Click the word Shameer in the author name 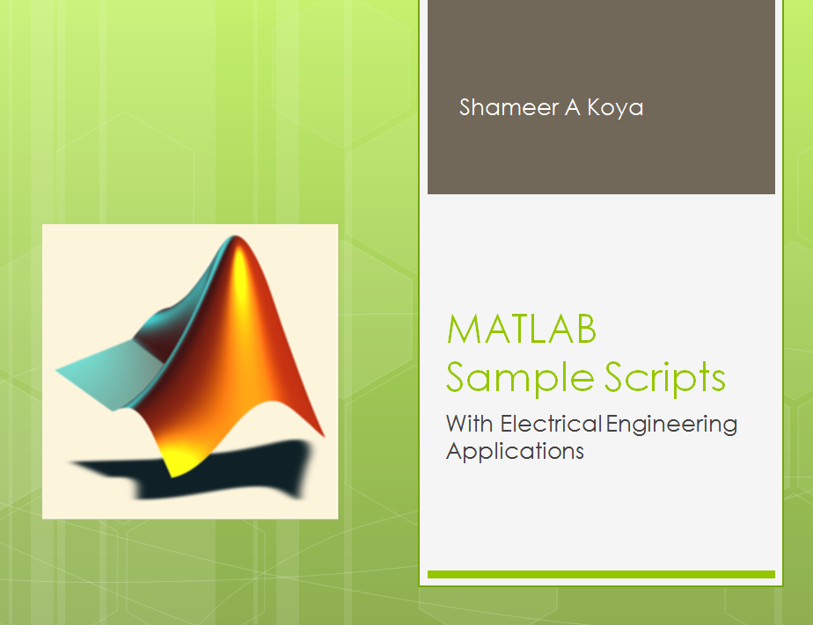point(509,107)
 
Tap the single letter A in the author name point(573,108)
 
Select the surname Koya point(615,109)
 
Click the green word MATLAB point(522,330)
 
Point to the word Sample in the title point(520,379)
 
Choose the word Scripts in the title point(665,379)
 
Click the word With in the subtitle point(469,424)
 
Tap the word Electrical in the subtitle point(551,424)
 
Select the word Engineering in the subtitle point(671,425)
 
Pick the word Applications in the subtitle point(515,452)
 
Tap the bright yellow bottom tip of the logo point(172,473)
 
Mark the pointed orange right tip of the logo point(322,434)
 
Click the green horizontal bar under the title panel point(601,574)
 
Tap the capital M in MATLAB point(463,330)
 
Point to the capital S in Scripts point(615,376)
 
